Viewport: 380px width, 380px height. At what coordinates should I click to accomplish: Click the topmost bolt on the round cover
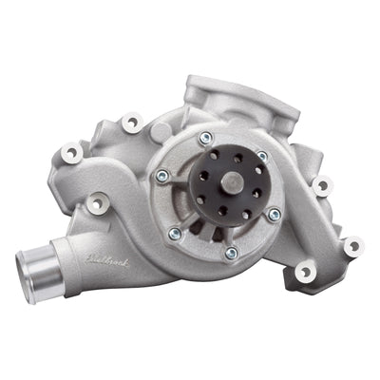204,139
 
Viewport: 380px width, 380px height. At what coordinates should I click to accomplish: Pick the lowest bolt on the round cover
231,254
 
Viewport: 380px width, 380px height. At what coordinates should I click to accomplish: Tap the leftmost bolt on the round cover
163,176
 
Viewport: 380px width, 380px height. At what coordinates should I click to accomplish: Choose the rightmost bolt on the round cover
275,215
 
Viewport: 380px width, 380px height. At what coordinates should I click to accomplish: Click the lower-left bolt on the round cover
175,233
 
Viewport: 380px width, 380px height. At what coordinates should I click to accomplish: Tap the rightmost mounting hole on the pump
352,245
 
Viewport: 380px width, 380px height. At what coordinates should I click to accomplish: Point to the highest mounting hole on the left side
129,121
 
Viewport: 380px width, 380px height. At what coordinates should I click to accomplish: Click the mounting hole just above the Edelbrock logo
95,203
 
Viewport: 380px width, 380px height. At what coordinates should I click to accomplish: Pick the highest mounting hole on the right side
323,184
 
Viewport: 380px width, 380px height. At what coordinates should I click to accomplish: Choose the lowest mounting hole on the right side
305,273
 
